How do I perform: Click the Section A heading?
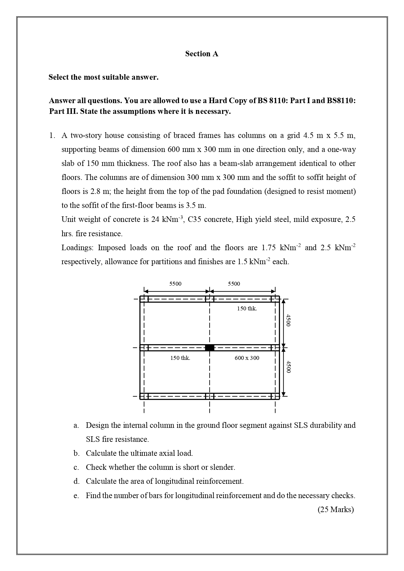pyautogui.click(x=202, y=54)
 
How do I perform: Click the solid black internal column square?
pyautogui.click(x=210, y=347)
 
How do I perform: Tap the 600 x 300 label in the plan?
pyautogui.click(x=247, y=358)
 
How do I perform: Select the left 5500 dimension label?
pyautogui.click(x=175, y=284)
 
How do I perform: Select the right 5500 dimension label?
pyautogui.click(x=234, y=284)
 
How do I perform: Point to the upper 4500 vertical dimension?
pyautogui.click(x=288, y=320)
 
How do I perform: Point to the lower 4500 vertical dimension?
pyautogui.click(x=288, y=366)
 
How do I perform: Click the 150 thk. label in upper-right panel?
pyautogui.click(x=247, y=308)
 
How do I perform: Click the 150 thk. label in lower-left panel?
pyautogui.click(x=180, y=358)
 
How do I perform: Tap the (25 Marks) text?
pyautogui.click(x=335, y=510)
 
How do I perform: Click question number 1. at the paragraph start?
pyautogui.click(x=52, y=136)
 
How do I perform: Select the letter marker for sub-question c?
pyautogui.click(x=76, y=468)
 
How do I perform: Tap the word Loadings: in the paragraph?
pyautogui.click(x=77, y=248)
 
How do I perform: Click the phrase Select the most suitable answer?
pyautogui.click(x=104, y=77)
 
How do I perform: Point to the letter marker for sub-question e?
pyautogui.click(x=76, y=496)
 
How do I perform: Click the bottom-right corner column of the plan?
pyautogui.click(x=275, y=396)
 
